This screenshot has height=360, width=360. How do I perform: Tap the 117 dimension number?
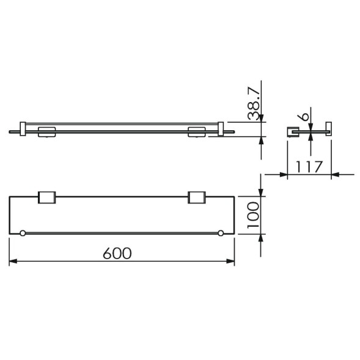(309, 167)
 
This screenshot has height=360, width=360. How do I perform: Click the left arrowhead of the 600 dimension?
(13, 262)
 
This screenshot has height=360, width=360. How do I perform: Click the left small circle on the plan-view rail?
(23, 233)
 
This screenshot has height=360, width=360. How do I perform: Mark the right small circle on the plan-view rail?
(221, 233)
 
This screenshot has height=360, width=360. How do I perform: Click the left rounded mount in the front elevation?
(47, 131)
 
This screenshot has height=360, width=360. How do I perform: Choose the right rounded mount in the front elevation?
(197, 131)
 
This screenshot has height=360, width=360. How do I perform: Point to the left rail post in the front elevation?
(23, 128)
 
